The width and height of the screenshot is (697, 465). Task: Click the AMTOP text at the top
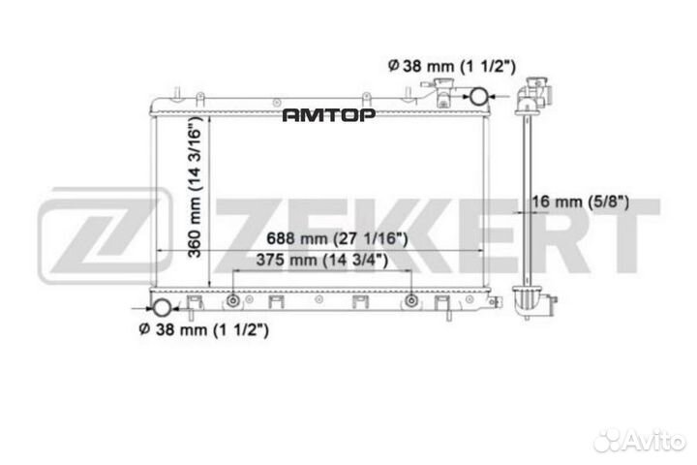point(329,115)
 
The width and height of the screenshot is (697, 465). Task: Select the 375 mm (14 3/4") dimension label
point(322,261)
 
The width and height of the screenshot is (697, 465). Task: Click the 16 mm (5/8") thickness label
point(585,202)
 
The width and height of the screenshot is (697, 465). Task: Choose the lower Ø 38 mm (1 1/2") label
point(204,329)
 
